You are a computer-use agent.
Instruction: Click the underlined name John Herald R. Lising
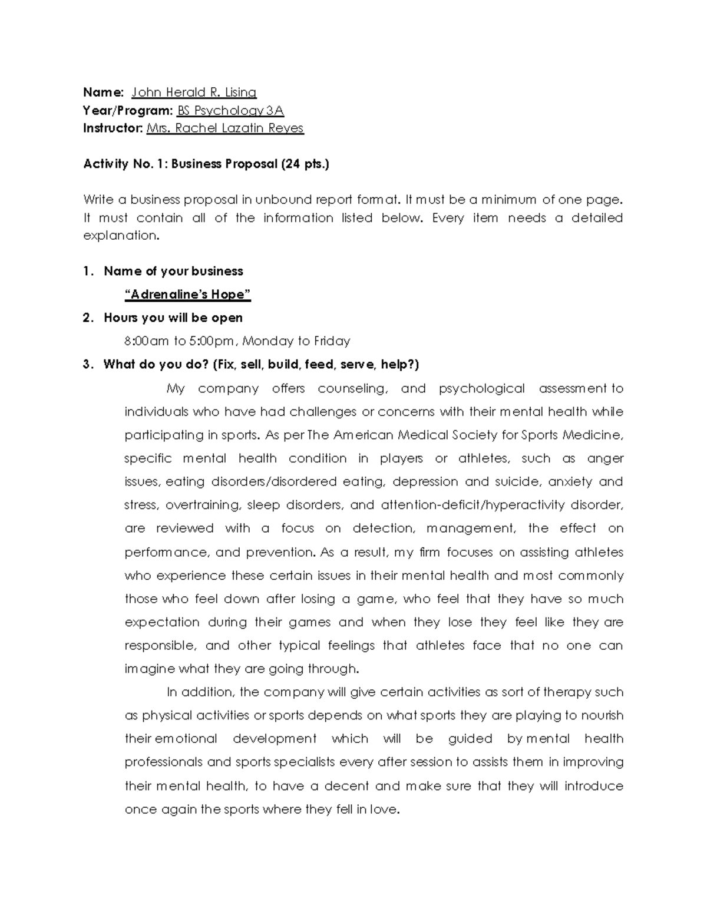(194, 93)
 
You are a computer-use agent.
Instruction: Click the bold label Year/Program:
(128, 111)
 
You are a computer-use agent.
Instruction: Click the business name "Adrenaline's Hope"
(188, 295)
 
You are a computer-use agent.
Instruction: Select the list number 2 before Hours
(87, 318)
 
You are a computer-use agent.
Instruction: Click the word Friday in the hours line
(332, 341)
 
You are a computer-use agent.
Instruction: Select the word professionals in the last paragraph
(164, 762)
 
